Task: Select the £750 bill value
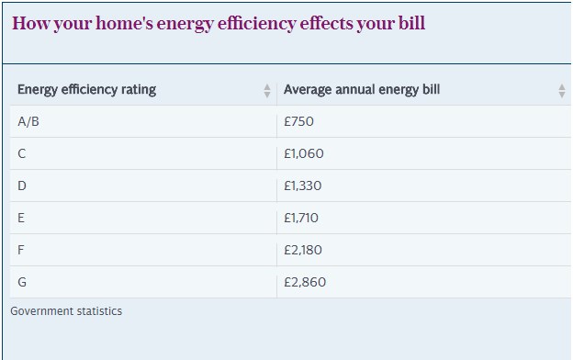298,121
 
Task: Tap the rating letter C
21,153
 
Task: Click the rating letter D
21,186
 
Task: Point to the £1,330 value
303,186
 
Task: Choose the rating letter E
21,218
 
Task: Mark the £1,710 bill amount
301,218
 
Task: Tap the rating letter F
21,250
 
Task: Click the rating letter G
22,282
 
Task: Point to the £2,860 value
305,282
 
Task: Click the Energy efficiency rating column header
86,90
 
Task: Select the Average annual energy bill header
362,90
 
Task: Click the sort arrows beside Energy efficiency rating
267,91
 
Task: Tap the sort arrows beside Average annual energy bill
562,91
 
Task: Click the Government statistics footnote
66,311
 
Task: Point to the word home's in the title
124,23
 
